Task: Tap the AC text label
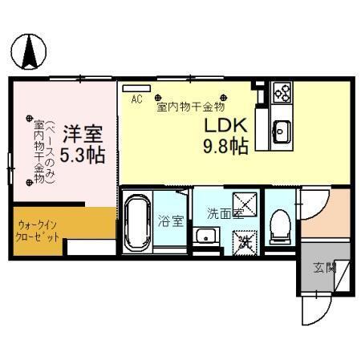pyautogui.click(x=137, y=100)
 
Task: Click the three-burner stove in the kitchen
pyautogui.click(x=282, y=92)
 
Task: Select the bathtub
pyautogui.click(x=137, y=220)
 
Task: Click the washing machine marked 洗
pyautogui.click(x=245, y=239)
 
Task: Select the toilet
pyautogui.click(x=279, y=225)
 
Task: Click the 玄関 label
pyautogui.click(x=324, y=266)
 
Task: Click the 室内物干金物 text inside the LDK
pyautogui.click(x=190, y=105)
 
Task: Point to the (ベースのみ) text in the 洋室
pyautogui.click(x=50, y=152)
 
